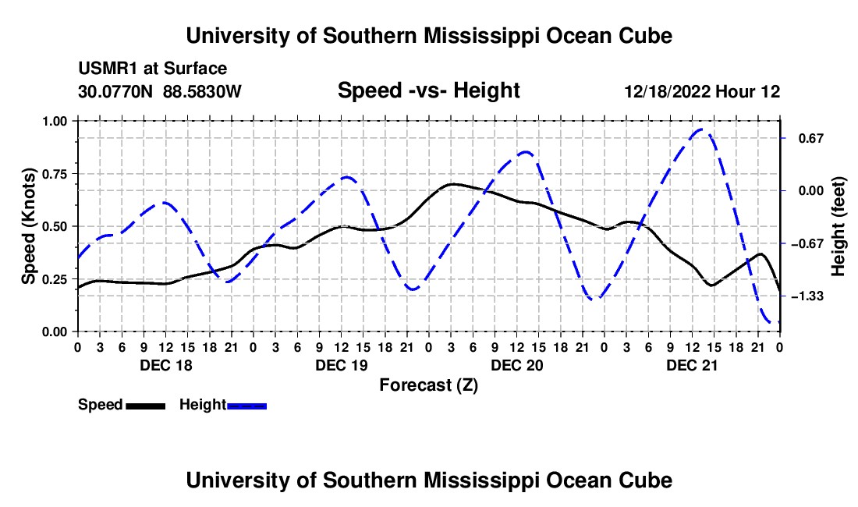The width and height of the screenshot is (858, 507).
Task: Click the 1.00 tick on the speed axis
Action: [x=55, y=122]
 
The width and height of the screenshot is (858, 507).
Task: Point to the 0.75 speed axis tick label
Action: [x=55, y=174]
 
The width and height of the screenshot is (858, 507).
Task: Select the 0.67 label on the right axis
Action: [x=811, y=138]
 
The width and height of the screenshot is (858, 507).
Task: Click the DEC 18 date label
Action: [x=166, y=365]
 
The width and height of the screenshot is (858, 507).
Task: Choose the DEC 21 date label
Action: [x=692, y=365]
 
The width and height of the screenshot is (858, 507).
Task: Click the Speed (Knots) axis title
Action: [x=28, y=226]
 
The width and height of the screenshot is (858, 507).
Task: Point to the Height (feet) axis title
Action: [x=838, y=226]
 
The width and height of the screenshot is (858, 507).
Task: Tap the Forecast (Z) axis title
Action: [x=428, y=385]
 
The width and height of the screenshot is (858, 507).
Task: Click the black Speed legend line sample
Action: [x=146, y=406]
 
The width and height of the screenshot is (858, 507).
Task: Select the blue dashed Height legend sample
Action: [x=246, y=406]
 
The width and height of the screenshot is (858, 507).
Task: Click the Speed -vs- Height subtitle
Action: [x=428, y=90]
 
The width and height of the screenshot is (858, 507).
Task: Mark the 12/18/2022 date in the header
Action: [x=668, y=91]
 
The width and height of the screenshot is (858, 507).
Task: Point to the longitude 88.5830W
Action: [x=202, y=91]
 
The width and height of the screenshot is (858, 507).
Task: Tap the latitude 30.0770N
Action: [x=115, y=91]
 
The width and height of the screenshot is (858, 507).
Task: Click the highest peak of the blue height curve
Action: [x=703, y=129]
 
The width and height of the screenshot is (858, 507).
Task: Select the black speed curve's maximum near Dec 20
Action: [x=452, y=184]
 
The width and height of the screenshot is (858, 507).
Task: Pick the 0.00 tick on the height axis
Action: [x=811, y=191]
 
